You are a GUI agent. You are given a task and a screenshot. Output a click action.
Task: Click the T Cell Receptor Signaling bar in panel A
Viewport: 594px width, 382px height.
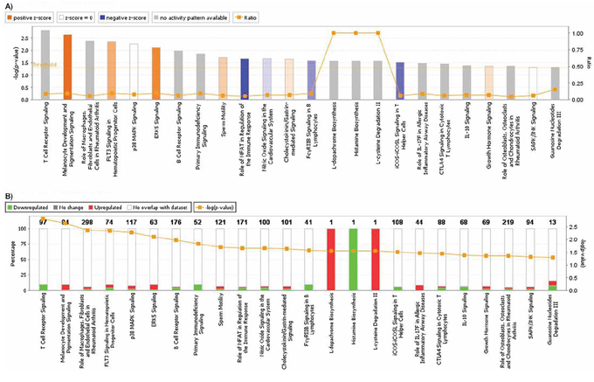click(x=45, y=66)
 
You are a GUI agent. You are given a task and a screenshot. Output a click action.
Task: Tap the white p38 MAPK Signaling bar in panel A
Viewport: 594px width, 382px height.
click(x=134, y=72)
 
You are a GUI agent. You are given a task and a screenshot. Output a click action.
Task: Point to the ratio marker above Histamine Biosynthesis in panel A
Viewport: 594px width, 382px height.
click(x=356, y=33)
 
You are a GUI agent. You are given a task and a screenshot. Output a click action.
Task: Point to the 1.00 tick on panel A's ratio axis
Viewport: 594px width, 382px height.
click(x=565, y=33)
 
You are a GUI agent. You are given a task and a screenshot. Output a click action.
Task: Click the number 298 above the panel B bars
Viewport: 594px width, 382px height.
click(x=88, y=223)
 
